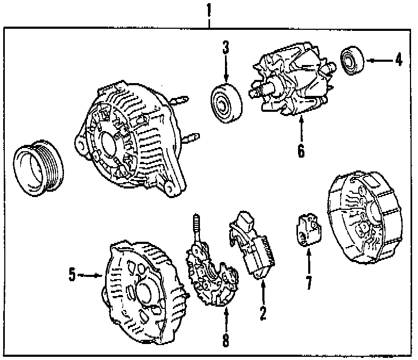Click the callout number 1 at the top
(209, 9)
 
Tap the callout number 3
(226, 48)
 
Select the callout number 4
(399, 60)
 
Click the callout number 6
(301, 152)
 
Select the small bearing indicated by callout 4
(351, 61)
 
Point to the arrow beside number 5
(90, 275)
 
